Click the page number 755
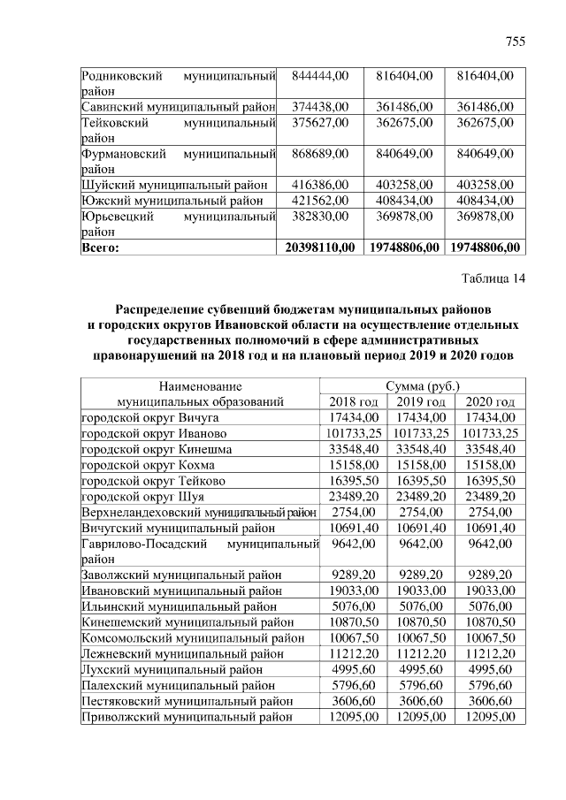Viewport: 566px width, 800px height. click(x=515, y=42)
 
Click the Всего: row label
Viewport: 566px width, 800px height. click(x=100, y=248)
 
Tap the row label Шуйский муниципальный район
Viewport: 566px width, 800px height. click(x=172, y=185)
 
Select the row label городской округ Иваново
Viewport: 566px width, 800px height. click(x=154, y=433)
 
